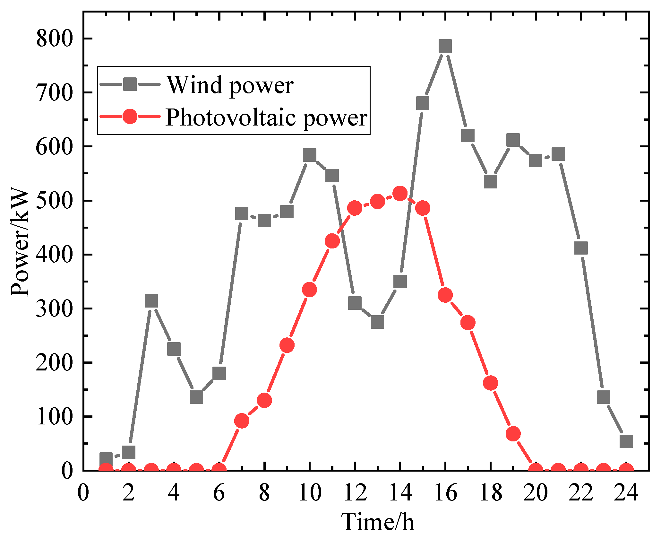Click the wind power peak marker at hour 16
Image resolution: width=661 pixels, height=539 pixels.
tap(445, 46)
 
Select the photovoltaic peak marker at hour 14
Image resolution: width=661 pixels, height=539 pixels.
tap(400, 193)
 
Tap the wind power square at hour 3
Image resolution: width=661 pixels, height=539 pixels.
tap(151, 301)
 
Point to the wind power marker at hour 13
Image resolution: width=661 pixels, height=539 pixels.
tap(377, 322)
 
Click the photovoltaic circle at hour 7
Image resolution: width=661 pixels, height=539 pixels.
tap(242, 421)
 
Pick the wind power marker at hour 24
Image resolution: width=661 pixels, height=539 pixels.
tap(626, 441)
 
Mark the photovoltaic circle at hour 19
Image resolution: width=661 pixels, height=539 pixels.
tap(513, 434)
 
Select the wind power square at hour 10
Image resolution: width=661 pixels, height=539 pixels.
tap(309, 155)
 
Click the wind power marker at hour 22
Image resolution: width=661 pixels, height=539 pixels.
tap(581, 248)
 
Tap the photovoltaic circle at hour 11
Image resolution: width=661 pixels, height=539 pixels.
tap(332, 241)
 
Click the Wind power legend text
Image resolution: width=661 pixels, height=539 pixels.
tap(230, 85)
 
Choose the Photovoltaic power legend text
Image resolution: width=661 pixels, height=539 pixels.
tap(266, 117)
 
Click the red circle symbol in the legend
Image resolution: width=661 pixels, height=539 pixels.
tap(130, 117)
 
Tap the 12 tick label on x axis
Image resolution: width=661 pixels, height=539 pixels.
tap(355, 492)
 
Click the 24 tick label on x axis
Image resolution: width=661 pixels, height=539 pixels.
tap(626, 492)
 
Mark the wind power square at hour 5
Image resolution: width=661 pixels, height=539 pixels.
tap(196, 397)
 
